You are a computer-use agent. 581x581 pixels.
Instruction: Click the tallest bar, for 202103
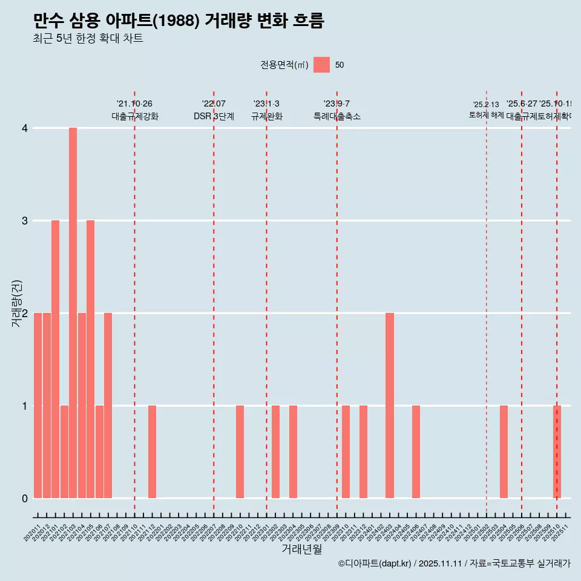(x=73, y=313)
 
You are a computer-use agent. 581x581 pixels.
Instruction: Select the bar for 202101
(x=55, y=359)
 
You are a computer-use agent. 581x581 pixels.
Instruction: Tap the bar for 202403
(x=390, y=405)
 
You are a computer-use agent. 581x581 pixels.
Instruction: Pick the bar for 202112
(x=152, y=451)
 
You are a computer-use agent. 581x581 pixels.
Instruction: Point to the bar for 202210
(x=240, y=451)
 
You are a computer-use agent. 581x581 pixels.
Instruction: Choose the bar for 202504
(x=504, y=451)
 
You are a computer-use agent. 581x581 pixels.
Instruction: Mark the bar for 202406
(x=416, y=451)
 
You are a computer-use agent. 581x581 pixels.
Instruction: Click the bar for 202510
(x=557, y=451)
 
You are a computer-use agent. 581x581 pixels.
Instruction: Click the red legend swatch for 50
(x=321, y=65)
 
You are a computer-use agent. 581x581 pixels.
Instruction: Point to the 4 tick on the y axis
(x=25, y=128)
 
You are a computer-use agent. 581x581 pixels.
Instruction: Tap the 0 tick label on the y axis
(x=25, y=498)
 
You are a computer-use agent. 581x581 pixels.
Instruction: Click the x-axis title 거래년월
(x=301, y=549)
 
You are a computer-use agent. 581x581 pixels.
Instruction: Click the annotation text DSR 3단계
(x=214, y=116)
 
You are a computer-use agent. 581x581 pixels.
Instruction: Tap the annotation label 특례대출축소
(x=336, y=116)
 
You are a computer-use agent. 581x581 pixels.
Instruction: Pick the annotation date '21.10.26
(x=134, y=104)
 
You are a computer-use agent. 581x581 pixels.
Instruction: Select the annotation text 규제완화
(x=266, y=116)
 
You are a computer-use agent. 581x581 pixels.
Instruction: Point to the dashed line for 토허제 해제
(x=487, y=303)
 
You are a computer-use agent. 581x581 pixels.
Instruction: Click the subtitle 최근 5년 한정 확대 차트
(x=88, y=39)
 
